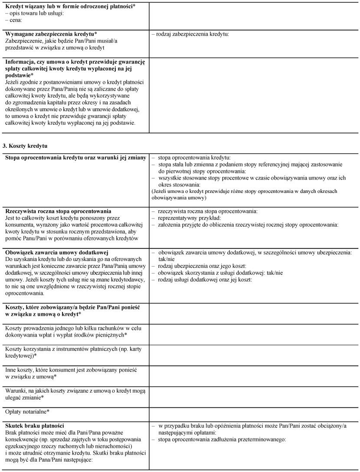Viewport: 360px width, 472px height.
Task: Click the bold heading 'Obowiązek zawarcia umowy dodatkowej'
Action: click(56, 252)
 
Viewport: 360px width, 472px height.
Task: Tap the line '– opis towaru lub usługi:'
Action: click(34, 13)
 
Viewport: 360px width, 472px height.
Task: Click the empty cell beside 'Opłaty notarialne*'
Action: click(254, 411)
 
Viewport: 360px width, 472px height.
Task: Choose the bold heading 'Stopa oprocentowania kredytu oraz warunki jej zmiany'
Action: click(75, 157)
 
